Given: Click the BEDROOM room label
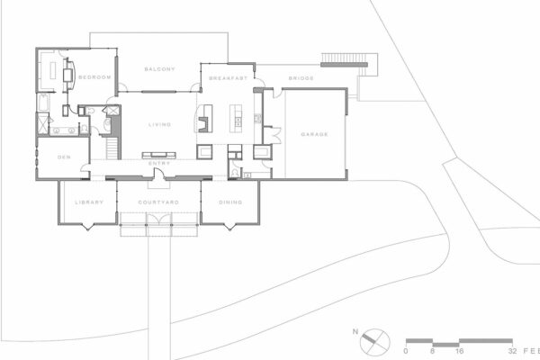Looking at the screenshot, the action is tap(94, 77).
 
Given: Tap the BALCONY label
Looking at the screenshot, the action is tap(160, 69).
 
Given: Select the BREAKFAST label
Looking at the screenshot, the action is tap(229, 78).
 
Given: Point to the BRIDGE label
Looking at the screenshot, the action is tap(301, 78).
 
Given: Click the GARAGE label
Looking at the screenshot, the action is tap(314, 134).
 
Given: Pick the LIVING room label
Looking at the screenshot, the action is tap(160, 124).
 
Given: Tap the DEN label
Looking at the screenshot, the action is tap(64, 157).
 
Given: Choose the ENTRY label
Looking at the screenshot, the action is tap(159, 163).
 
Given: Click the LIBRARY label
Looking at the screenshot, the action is tap(89, 202).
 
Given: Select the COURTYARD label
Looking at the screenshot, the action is tap(158, 202).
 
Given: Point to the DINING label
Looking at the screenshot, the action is tap(230, 202).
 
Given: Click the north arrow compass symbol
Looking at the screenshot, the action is tap(374, 343).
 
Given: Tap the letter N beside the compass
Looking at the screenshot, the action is tap(355, 332).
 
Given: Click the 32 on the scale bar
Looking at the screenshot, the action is tap(512, 351).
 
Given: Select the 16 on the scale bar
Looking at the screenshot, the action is tap(459, 351).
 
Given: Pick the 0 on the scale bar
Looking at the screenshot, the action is tap(406, 351).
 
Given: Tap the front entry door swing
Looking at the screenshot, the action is tap(158, 175).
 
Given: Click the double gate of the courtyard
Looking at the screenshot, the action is tap(158, 220).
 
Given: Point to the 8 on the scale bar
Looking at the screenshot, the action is tap(433, 351).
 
